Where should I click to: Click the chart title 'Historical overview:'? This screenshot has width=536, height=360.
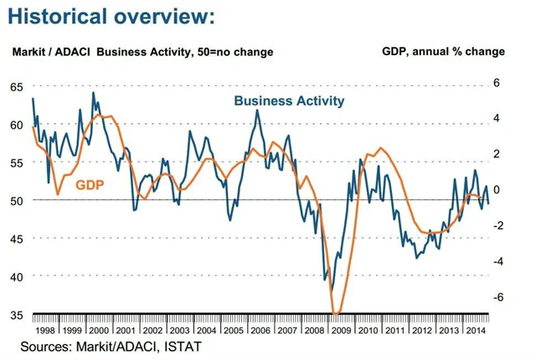click(x=112, y=16)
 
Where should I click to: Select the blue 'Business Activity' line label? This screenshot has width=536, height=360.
click(x=289, y=101)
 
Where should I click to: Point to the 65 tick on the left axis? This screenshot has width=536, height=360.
click(x=17, y=86)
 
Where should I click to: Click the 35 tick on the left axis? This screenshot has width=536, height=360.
click(x=17, y=315)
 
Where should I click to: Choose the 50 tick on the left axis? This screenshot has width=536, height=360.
click(x=17, y=201)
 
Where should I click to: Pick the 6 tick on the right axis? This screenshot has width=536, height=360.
click(x=496, y=83)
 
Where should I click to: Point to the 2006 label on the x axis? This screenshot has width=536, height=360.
click(x=260, y=330)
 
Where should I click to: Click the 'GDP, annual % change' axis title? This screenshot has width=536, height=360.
click(x=443, y=52)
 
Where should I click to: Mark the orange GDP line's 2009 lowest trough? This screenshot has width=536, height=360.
click(x=337, y=315)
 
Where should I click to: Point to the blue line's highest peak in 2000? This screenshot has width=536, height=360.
click(x=92, y=92)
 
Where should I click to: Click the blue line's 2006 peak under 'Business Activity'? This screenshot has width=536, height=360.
click(x=257, y=111)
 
